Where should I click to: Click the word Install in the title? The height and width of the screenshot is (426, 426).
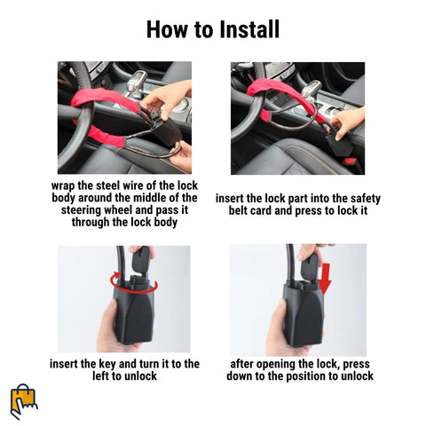pyautogui.click(x=250, y=29)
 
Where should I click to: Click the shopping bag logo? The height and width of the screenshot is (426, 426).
pyautogui.click(x=24, y=401)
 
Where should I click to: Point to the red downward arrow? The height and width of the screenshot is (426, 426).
pyautogui.click(x=326, y=279)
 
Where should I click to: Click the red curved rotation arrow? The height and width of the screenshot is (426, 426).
pyautogui.click(x=134, y=286)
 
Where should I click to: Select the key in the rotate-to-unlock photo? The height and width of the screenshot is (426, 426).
pyautogui.click(x=140, y=260)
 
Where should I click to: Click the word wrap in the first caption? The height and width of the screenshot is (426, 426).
pyautogui.click(x=63, y=186)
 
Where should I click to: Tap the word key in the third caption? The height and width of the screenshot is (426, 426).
pyautogui.click(x=106, y=365)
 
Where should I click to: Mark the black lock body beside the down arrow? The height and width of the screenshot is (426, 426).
pyautogui.click(x=304, y=315)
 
